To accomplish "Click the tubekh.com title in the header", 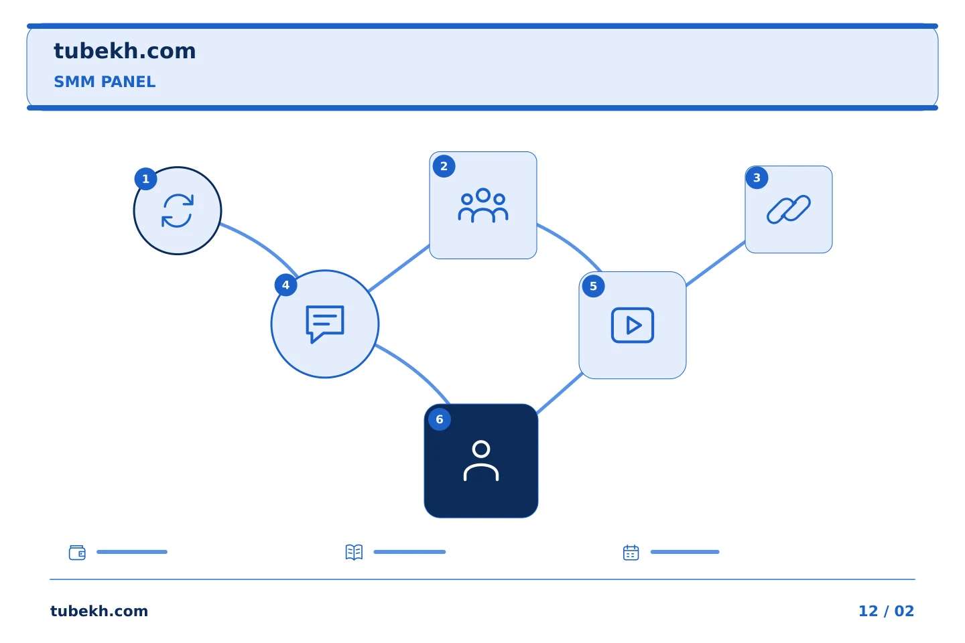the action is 125,51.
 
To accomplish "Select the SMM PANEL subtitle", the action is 105,82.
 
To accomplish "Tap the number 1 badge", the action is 145,179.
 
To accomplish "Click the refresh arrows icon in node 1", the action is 178,210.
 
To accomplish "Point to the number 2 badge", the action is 444,166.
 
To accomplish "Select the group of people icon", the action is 483,206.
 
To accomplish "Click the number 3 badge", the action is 757,178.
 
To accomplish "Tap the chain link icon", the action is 788,210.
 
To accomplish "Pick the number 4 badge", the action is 285,285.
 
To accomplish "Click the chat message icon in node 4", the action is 325,324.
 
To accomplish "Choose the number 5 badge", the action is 593,287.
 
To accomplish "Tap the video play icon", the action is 633,325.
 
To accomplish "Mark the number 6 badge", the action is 440,419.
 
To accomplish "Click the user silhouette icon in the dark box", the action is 481,460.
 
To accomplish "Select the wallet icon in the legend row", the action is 78,552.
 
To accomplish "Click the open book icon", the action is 354,552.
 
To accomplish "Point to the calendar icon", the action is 631,553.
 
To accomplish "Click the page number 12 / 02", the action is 886,611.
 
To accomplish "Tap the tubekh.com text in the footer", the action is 99,611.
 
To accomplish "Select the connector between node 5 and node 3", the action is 716,263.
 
